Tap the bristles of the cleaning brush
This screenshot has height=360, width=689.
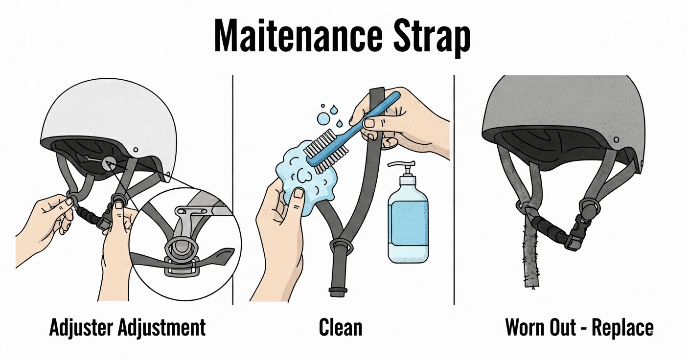pos(325,151)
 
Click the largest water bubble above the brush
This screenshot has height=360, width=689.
pos(323,118)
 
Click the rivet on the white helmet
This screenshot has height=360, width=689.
pos(136,150)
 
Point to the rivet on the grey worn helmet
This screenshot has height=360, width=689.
pos(616,140)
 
